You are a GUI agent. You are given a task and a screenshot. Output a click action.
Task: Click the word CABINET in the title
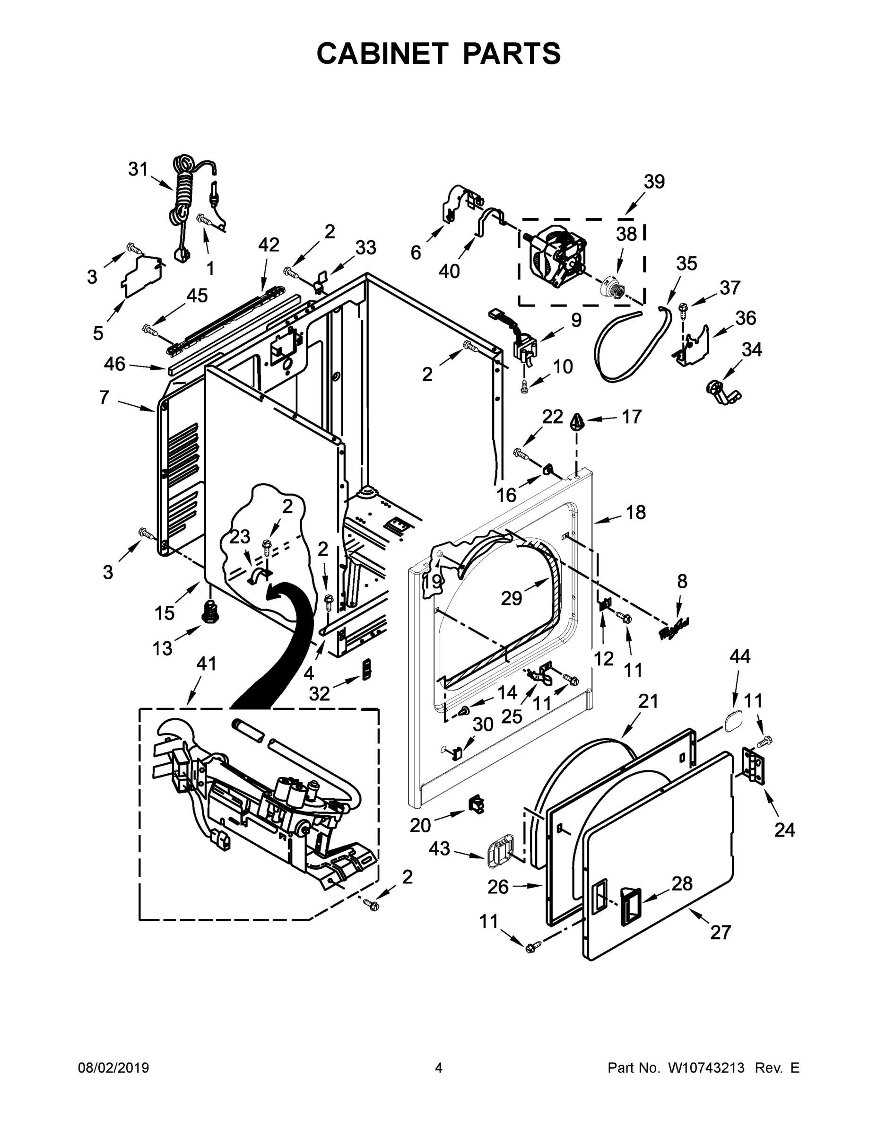pos(382,53)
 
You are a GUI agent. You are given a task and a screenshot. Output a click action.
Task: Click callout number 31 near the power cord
pos(138,169)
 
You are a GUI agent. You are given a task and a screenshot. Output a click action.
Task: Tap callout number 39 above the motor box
pos(654,182)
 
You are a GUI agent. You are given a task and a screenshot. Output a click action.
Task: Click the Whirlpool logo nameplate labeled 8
pos(674,629)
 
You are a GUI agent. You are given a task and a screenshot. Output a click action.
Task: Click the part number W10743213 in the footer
pos(706,1068)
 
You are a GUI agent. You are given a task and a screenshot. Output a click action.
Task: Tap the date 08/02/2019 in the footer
pos(113,1068)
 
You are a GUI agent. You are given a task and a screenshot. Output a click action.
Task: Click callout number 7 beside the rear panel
pos(104,398)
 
